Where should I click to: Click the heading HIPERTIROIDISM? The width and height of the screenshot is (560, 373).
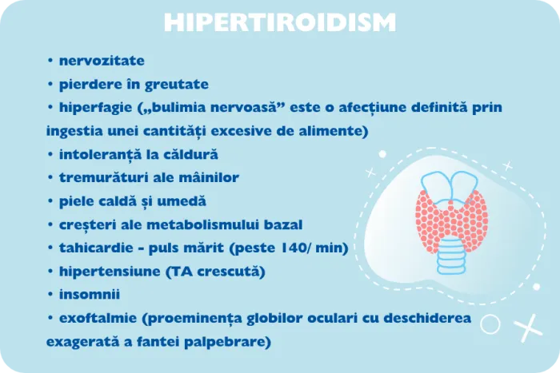click(279, 22)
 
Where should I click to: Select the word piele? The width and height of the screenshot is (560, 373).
click(77, 200)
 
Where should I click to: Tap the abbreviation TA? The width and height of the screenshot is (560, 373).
click(179, 272)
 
